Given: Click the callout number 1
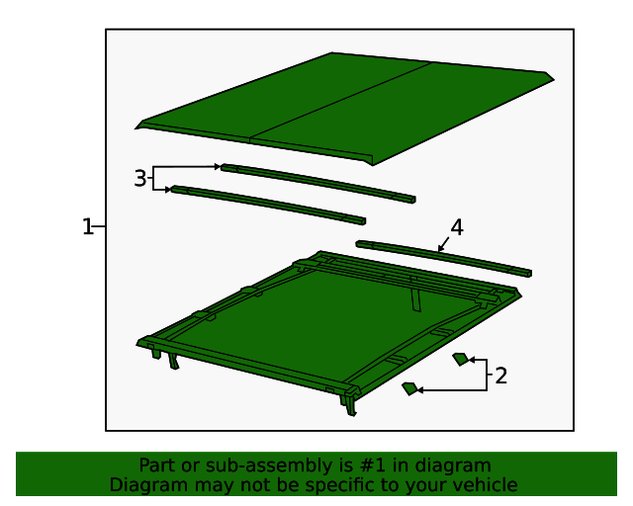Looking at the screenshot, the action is pyautogui.click(x=87, y=226).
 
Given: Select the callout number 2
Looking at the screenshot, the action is pyautogui.click(x=500, y=376).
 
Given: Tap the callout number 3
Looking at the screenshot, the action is pyautogui.click(x=140, y=178).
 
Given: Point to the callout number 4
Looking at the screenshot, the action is pyautogui.click(x=457, y=227).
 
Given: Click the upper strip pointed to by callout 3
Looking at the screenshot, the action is pyautogui.click(x=318, y=183).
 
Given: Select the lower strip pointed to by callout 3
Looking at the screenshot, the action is pyautogui.click(x=268, y=205).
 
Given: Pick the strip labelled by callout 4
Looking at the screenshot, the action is pyautogui.click(x=444, y=259).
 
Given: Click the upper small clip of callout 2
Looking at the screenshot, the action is pyautogui.click(x=461, y=359).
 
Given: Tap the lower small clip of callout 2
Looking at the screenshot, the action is pyautogui.click(x=410, y=388).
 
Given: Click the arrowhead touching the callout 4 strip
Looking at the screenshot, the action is pyautogui.click(x=440, y=249).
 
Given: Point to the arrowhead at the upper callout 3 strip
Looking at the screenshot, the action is pyautogui.click(x=218, y=166).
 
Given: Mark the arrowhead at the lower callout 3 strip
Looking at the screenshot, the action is pyautogui.click(x=168, y=190).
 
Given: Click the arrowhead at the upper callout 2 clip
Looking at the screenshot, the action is pyautogui.click(x=472, y=359).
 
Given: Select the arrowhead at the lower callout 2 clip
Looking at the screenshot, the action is pyautogui.click(x=419, y=390).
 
